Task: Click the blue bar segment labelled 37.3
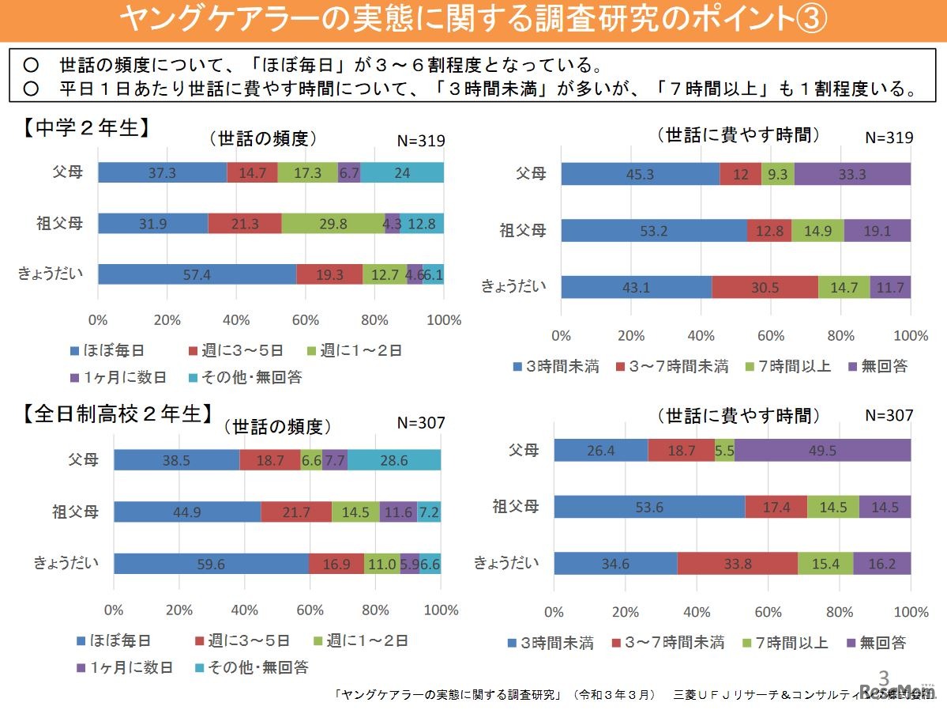pos(162,172)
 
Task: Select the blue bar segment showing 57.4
pos(197,274)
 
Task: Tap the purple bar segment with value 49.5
pos(822,450)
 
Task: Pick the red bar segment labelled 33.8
pos(737,564)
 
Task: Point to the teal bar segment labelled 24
pos(402,172)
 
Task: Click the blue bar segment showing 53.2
pos(654,231)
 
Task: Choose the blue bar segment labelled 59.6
pos(211,564)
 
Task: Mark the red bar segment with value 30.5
pos(765,287)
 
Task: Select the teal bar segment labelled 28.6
pos(394,459)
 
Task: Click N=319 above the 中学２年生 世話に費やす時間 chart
pos(889,137)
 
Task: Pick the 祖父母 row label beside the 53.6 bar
pos(516,506)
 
